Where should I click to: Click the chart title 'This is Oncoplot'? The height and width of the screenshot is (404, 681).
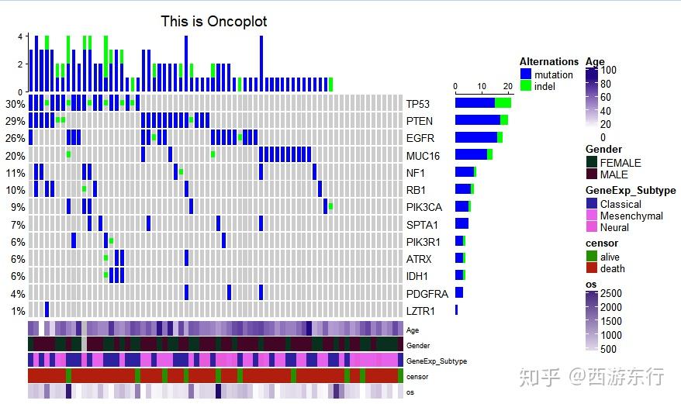point(214,21)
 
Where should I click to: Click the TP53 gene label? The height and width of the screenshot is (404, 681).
point(418,104)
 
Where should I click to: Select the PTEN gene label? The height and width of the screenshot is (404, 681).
point(420,121)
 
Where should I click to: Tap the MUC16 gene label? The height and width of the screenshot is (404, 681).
point(423,156)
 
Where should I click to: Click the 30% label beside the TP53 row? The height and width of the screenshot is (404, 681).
point(15,104)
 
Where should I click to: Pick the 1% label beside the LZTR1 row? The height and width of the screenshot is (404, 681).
point(18,311)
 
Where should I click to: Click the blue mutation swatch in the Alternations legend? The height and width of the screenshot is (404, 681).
point(526,74)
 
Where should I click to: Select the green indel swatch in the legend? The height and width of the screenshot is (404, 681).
point(526,86)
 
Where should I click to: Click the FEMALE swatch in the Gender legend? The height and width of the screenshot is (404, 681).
point(592,163)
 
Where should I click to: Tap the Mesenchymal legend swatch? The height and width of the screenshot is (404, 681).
point(592,216)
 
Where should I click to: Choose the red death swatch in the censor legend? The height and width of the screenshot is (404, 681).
point(592,268)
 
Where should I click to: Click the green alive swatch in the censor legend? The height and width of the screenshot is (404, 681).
point(592,257)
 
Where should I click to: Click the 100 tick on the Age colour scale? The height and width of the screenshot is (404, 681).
point(609,70)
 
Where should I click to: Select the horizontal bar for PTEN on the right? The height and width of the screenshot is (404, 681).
point(481,119)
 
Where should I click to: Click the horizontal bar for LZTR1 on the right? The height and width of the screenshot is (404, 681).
point(456,310)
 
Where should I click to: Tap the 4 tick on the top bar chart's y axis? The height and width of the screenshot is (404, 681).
point(20,36)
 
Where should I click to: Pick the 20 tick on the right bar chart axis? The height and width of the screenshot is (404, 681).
point(507,86)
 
